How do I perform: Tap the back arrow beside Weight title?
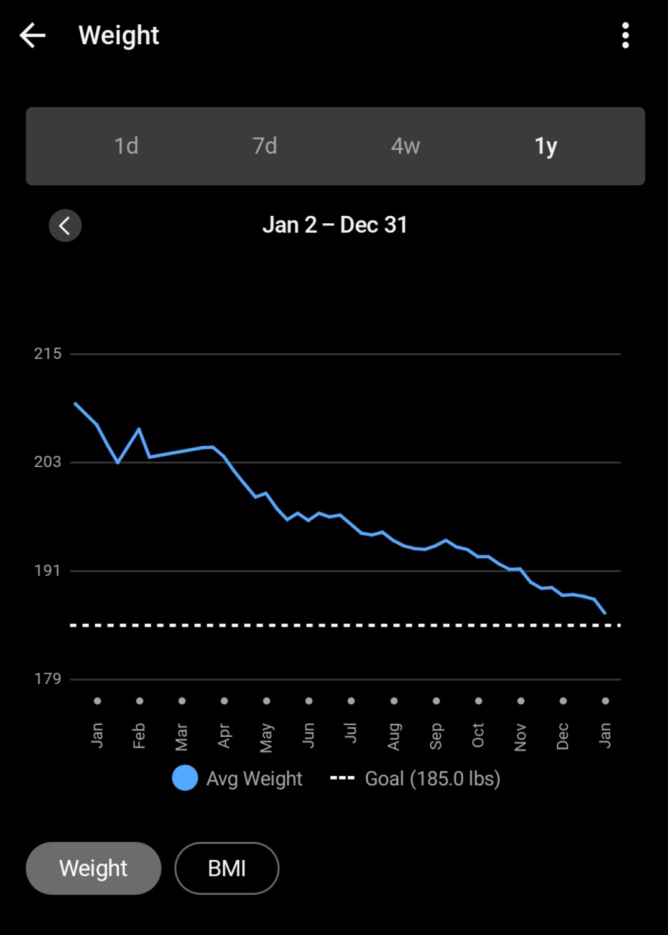pos(32,35)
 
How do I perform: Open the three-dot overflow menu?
pos(625,35)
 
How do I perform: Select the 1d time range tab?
pos(126,146)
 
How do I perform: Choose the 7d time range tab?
pos(265,146)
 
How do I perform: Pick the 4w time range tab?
pos(406,146)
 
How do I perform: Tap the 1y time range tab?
pos(545,146)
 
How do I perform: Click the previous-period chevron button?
pos(65,225)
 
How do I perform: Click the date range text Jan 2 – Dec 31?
pos(335,225)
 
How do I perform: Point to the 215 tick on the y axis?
pos(48,354)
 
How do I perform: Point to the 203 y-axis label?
pos(48,462)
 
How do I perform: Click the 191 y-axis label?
pos(48,570)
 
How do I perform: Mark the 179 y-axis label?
pos(48,678)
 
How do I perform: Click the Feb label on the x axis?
pos(139,735)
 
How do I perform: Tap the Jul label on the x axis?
pos(351,733)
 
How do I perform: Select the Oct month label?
pos(478,735)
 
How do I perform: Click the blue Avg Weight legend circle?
pos(185,778)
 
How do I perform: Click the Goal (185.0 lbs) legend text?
pos(432,778)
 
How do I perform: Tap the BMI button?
pos(226,868)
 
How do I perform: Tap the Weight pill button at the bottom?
pos(93,868)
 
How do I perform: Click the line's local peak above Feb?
pos(139,429)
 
